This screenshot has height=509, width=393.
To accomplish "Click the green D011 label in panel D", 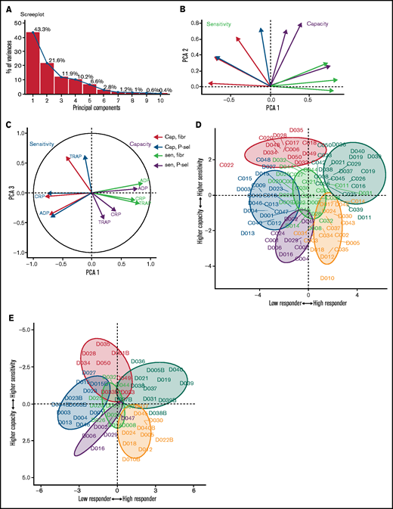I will (364, 218).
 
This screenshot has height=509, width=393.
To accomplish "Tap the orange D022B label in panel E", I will (161, 439).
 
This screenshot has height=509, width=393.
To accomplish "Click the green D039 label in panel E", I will (187, 383).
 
